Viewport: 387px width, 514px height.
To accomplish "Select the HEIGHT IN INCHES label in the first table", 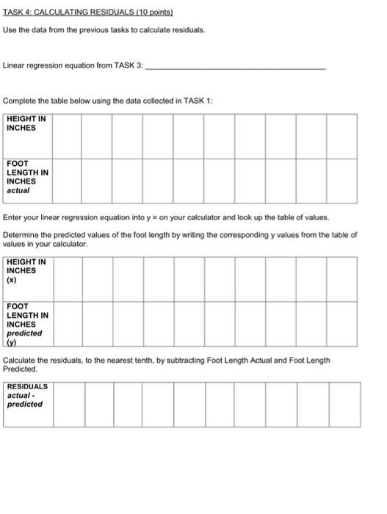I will (x=26, y=123).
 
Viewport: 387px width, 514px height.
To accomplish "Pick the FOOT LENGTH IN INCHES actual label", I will (x=26, y=176).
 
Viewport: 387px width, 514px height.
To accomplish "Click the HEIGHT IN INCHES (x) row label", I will (x=26, y=270).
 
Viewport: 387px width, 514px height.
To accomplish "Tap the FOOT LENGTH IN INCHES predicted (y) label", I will (x=26, y=324).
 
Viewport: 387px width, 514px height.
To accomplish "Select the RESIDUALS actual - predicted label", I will (x=26, y=395).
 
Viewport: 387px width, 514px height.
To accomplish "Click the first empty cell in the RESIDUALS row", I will (x=68, y=404).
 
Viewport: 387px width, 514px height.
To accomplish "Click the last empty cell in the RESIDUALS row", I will (x=344, y=404).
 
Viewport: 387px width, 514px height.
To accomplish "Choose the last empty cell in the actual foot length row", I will (x=341, y=181).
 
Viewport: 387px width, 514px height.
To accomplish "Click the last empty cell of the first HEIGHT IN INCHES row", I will (x=341, y=136).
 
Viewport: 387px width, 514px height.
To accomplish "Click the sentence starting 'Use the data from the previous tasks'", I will (x=104, y=30).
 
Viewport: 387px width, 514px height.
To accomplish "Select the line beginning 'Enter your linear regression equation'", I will (x=166, y=218).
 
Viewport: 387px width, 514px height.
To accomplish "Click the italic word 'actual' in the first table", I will (x=18, y=190).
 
